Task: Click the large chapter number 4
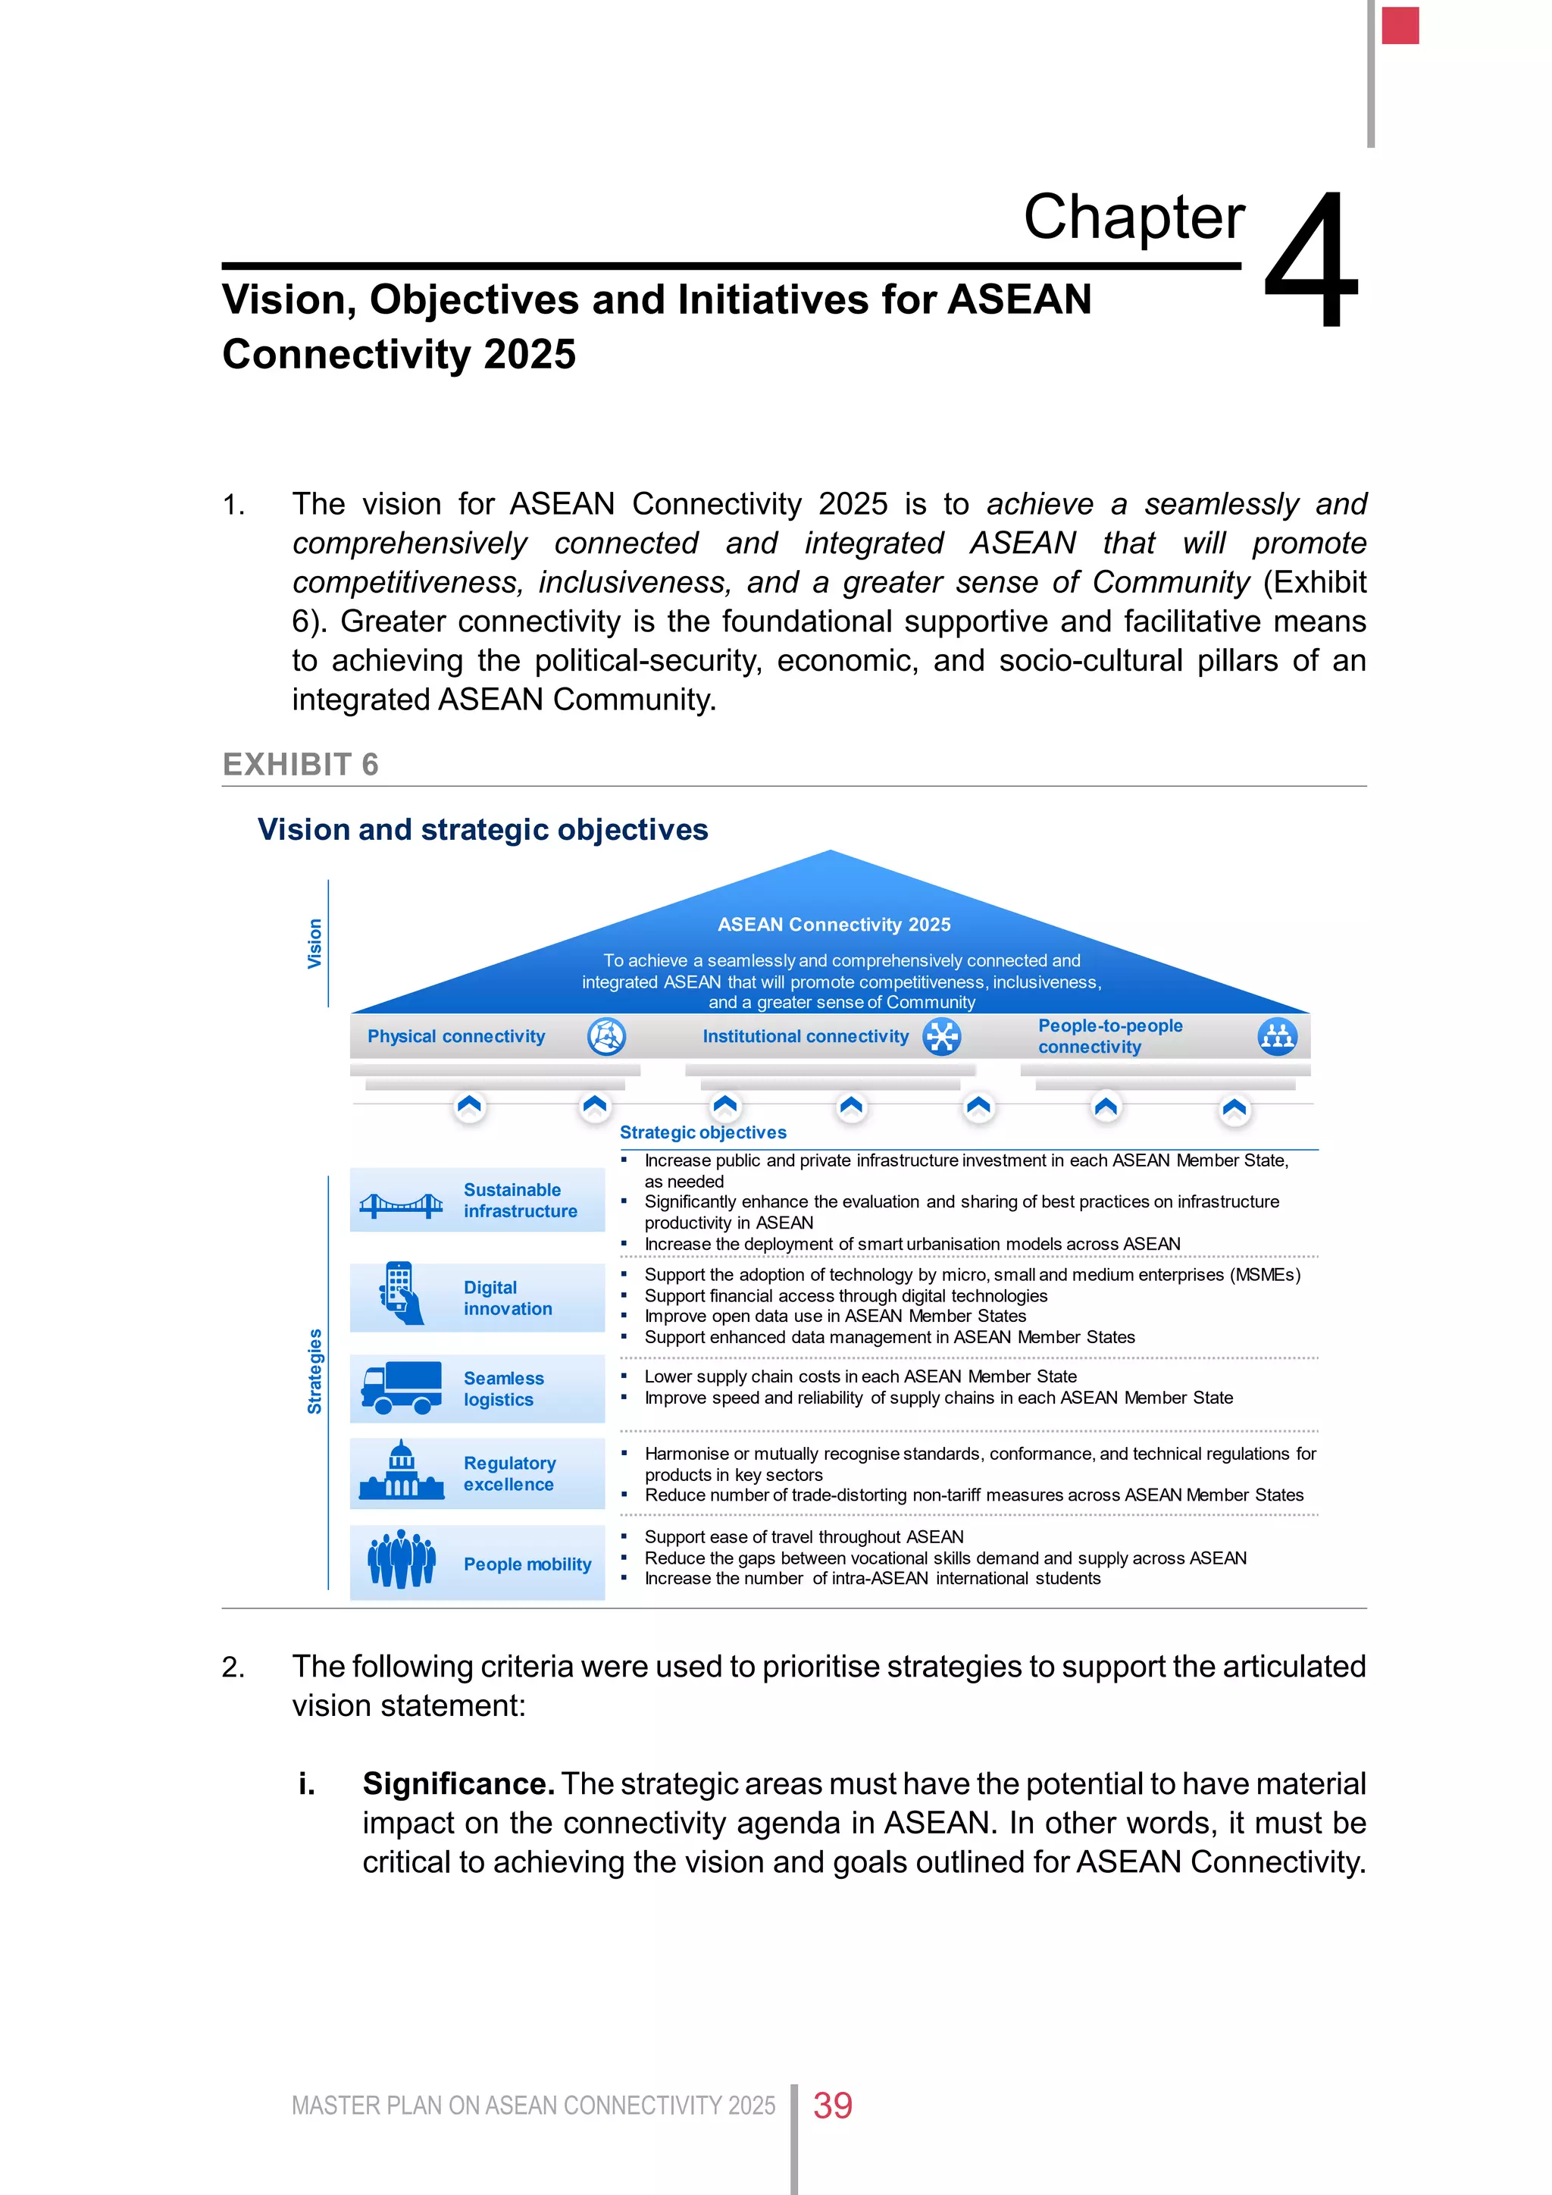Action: coord(1311,260)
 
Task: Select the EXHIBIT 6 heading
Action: coord(300,764)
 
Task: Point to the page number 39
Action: coord(832,2104)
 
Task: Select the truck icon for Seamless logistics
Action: coord(402,1387)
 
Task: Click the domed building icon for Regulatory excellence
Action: coord(402,1472)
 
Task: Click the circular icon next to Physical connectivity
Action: coord(606,1036)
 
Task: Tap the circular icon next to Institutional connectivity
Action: coord(941,1036)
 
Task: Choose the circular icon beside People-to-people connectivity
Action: coord(1277,1036)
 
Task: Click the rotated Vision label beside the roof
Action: coord(314,944)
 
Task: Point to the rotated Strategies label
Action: coord(314,1371)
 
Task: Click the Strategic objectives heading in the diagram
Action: coord(702,1132)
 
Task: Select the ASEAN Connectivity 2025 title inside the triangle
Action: coord(834,925)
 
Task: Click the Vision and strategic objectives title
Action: coord(483,829)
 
